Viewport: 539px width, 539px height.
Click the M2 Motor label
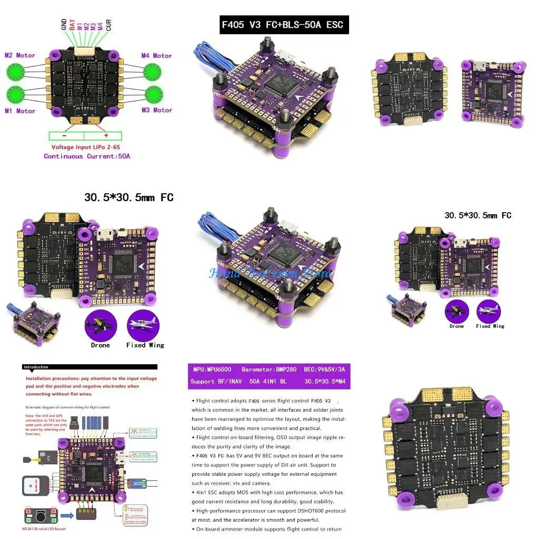pos(20,55)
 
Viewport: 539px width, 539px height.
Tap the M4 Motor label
pos(156,55)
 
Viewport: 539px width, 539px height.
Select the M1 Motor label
pos(20,111)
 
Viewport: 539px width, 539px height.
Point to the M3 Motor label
pos(156,110)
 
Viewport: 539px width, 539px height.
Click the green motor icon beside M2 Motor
pos(15,72)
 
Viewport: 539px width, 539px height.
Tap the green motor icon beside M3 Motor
pos(152,93)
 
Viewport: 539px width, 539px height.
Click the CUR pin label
pos(108,25)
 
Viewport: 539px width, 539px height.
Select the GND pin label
pos(64,25)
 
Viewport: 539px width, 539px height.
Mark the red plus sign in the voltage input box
pos(106,135)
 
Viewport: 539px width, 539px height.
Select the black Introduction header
pos(36,367)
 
